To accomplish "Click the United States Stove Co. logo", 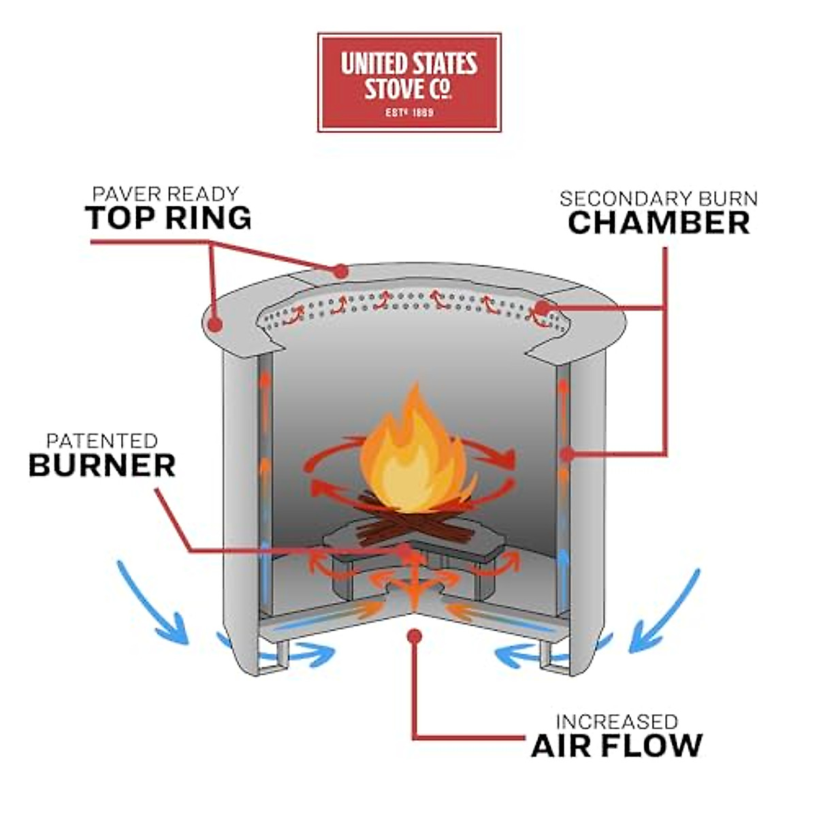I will tap(409, 82).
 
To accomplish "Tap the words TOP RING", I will tap(168, 219).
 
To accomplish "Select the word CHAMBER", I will tap(658, 223).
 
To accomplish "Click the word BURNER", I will tap(102, 466).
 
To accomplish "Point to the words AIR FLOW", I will tap(616, 746).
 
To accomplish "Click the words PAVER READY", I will tap(165, 194).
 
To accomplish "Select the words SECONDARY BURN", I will tap(658, 199).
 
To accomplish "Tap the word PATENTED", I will tap(102, 441).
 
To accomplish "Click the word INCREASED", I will tap(616, 722).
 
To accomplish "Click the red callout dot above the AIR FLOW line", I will tap(414, 637).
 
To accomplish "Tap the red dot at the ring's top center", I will tap(341, 271).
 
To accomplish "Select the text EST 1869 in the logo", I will tap(409, 112).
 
